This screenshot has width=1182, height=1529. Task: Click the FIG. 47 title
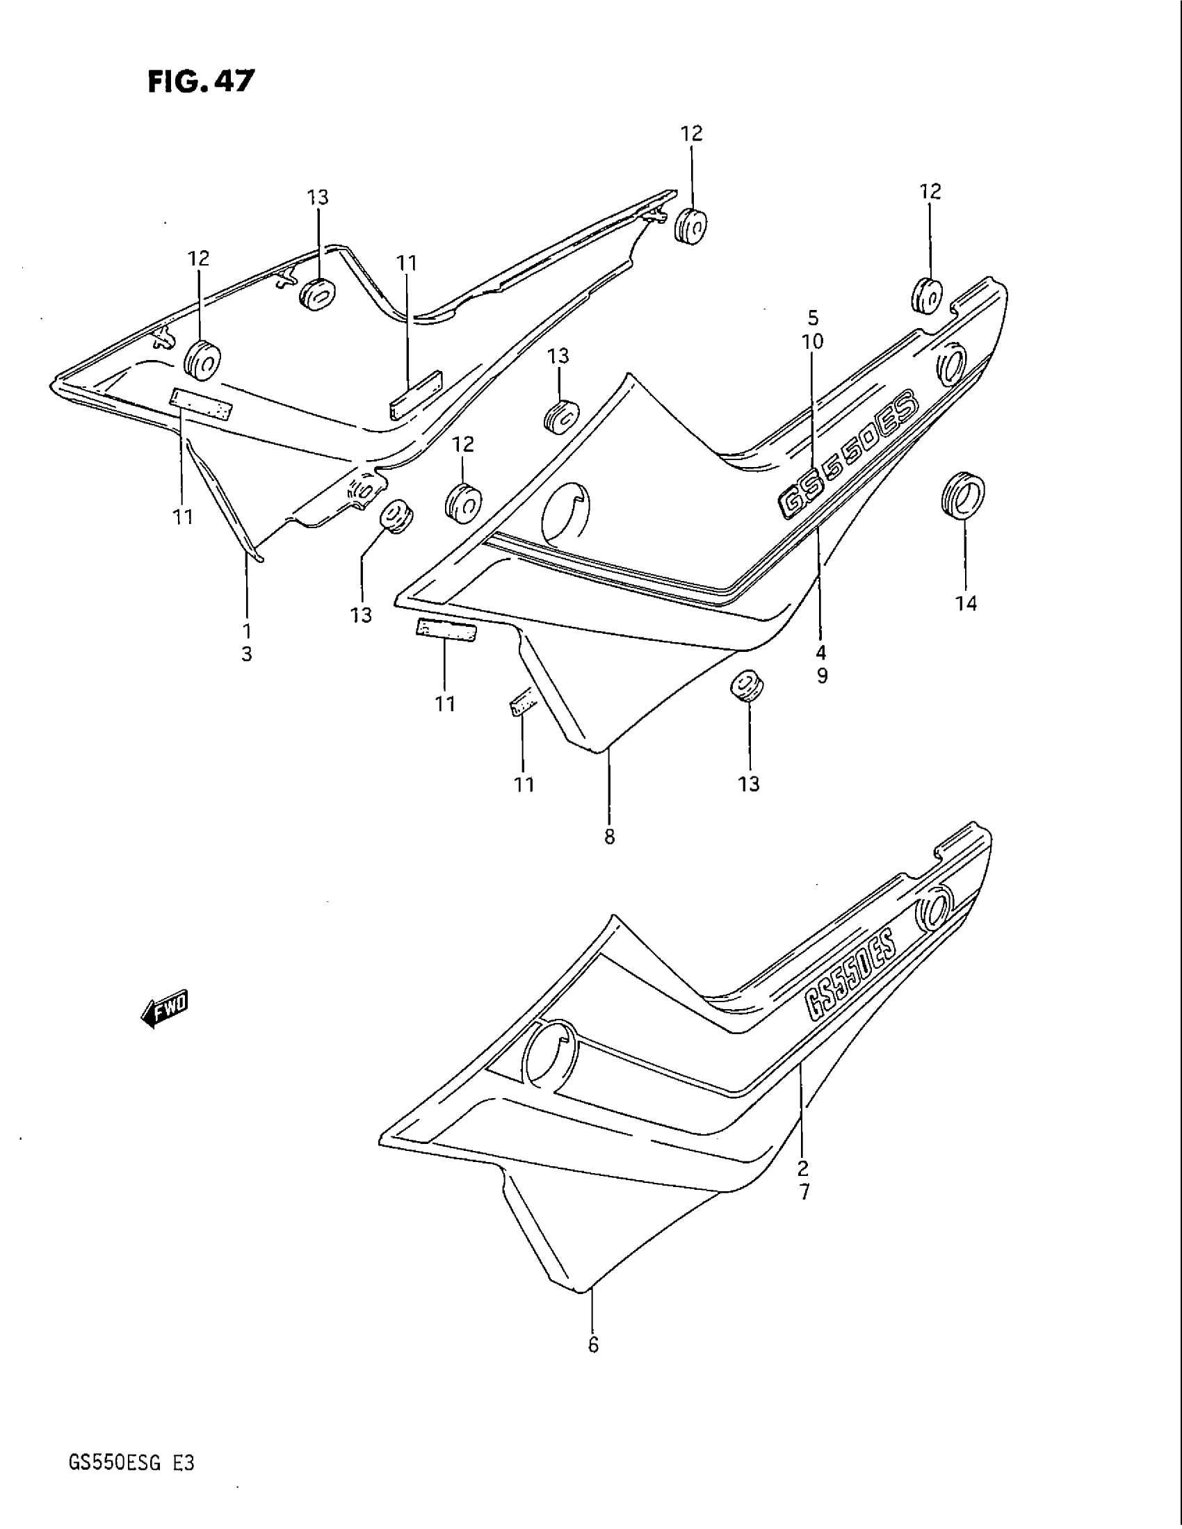pos(201,82)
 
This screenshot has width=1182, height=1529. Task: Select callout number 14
pos(966,603)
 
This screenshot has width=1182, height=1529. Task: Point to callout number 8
pos(609,836)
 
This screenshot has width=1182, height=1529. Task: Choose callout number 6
pos(593,1346)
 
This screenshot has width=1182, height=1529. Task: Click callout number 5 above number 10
pos(813,318)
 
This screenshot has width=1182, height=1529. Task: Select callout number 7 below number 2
pos(804,1191)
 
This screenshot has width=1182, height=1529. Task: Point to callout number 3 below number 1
pos(247,655)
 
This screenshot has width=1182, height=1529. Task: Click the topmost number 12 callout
pos(691,133)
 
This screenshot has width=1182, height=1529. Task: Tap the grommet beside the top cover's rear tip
pos(690,226)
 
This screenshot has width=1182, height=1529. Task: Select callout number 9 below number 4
pos(821,676)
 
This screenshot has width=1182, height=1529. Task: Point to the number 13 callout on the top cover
pos(317,197)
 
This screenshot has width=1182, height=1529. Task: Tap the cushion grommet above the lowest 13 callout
pos(747,685)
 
